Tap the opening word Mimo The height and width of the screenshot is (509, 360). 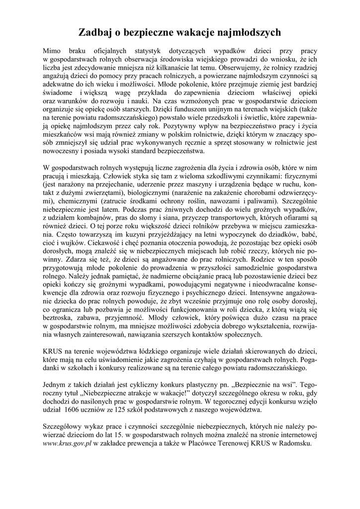pyautogui.click(x=52, y=51)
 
